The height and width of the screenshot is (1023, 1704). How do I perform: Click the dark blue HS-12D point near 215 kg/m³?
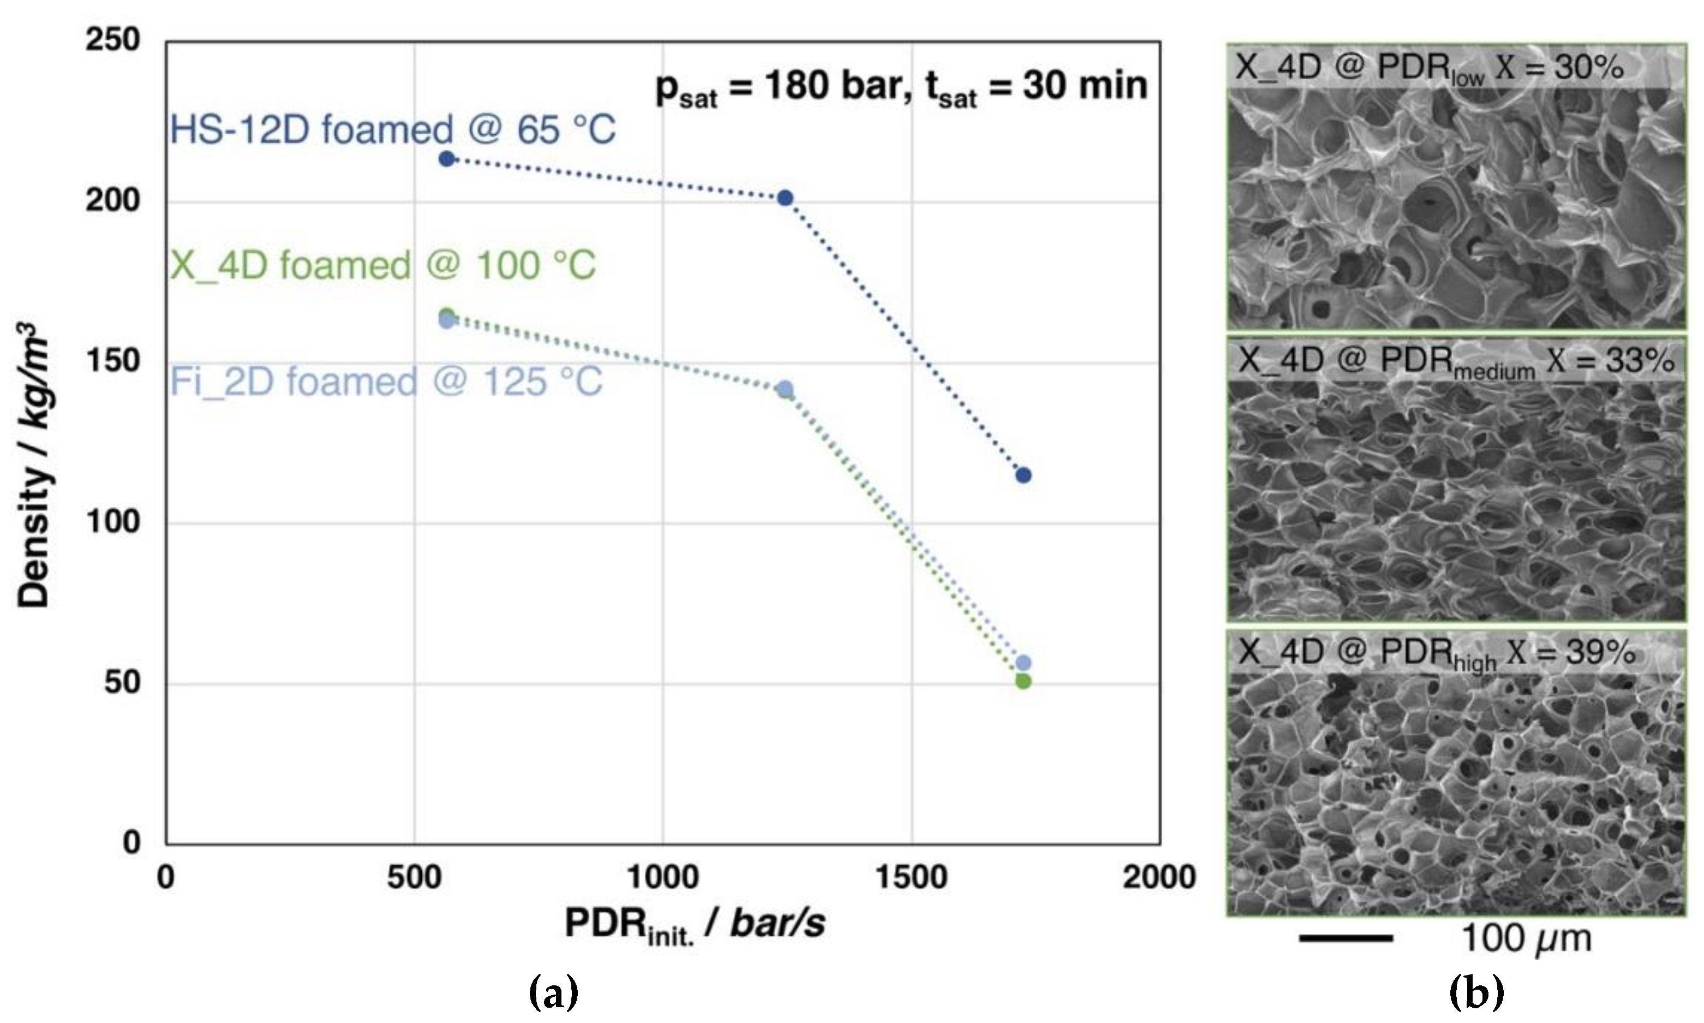(x=446, y=159)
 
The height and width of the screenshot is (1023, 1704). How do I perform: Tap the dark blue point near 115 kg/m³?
(x=1023, y=475)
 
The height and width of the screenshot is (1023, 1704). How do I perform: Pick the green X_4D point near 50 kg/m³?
(x=1023, y=682)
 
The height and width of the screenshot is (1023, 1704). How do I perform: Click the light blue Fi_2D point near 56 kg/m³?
(x=1023, y=663)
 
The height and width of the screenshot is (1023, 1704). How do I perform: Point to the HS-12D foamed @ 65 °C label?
(x=393, y=129)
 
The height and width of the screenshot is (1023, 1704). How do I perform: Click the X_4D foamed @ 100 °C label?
(x=382, y=265)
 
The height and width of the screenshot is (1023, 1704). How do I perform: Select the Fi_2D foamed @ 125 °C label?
(x=386, y=382)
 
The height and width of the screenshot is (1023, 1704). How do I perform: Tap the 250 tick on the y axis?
(x=113, y=40)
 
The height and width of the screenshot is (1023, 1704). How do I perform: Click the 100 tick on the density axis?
(x=113, y=522)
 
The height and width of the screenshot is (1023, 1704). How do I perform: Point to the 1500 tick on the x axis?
(x=911, y=878)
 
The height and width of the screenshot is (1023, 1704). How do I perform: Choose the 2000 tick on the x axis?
(x=1159, y=878)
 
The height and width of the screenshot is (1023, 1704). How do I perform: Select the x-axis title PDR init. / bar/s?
(x=695, y=924)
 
